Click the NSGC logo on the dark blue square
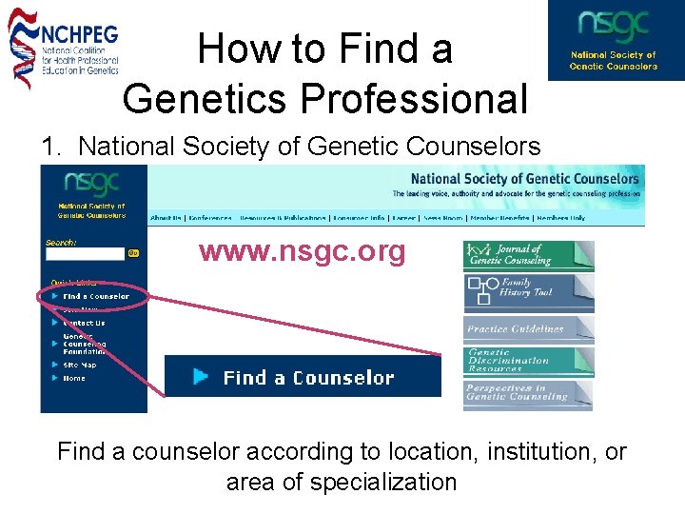click(615, 40)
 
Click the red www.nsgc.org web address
click(302, 252)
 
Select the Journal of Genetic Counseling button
click(528, 255)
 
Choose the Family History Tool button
click(528, 288)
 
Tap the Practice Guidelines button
click(528, 328)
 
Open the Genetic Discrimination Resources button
click(528, 360)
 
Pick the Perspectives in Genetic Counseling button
click(528, 393)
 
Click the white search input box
click(85, 254)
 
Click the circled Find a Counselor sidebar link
click(95, 297)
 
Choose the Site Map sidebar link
click(80, 365)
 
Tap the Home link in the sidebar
click(74, 378)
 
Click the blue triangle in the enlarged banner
click(201, 377)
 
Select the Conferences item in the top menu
click(211, 218)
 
